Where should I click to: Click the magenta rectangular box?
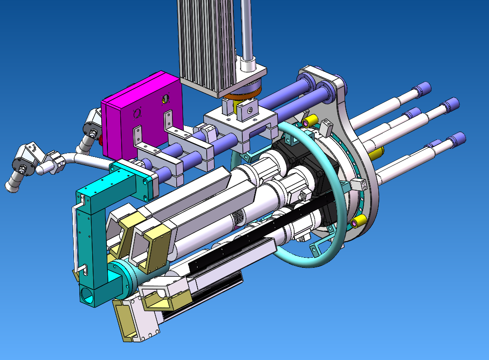click(143, 119)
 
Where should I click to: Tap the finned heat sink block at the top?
click(207, 43)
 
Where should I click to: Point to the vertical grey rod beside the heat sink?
click(246, 29)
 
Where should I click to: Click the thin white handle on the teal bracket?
click(75, 238)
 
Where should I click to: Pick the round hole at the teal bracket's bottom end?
click(86, 295)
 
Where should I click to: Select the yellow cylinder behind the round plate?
click(376, 153)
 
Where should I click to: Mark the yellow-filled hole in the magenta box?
click(164, 99)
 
